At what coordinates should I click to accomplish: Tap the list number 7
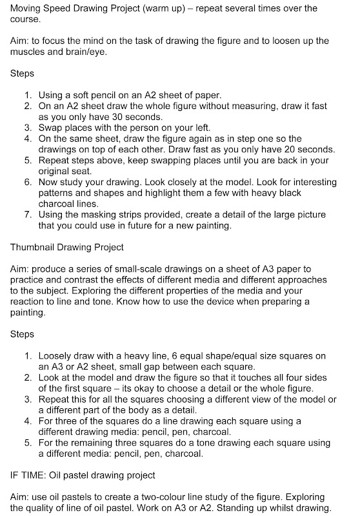pos(28,214)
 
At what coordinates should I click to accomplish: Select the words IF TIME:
pos(28,476)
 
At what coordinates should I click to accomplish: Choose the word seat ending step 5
pos(86,171)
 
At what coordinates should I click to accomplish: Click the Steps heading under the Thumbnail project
pos(23,334)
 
